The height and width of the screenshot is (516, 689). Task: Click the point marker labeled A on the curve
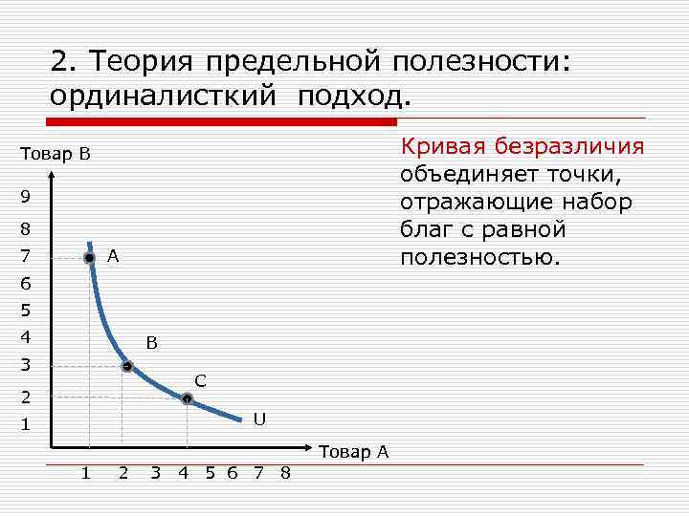tap(89, 258)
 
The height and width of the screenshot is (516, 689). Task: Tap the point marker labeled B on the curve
tap(126, 366)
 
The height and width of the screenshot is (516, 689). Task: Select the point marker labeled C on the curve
tap(187, 399)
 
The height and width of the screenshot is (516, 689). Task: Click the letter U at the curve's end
tap(259, 419)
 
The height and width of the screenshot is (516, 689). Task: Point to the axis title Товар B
tap(55, 154)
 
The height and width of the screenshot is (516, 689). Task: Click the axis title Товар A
tap(353, 452)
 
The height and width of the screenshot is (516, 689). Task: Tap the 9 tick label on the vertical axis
tap(26, 197)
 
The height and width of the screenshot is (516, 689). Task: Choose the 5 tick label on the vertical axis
tap(26, 311)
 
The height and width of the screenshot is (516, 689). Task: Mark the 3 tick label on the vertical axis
tap(26, 365)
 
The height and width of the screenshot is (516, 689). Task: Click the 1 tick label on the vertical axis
tap(26, 424)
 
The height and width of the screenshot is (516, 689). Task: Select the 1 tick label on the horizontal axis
tap(86, 473)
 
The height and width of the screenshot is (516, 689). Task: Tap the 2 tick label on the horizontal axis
tap(122, 473)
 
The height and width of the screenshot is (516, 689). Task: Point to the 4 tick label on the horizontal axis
tap(183, 473)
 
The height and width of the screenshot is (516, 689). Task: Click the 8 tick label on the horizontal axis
tap(285, 473)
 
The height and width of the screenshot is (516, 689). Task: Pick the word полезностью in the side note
tap(478, 258)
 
